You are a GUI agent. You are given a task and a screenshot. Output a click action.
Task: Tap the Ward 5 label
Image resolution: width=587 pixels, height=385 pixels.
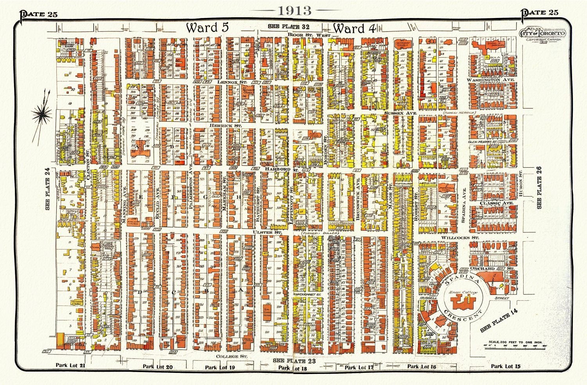click(207, 28)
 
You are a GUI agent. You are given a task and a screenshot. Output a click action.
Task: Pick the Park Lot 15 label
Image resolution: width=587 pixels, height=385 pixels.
click(506, 366)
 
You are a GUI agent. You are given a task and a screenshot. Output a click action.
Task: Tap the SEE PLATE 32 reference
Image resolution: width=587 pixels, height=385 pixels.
click(289, 26)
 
